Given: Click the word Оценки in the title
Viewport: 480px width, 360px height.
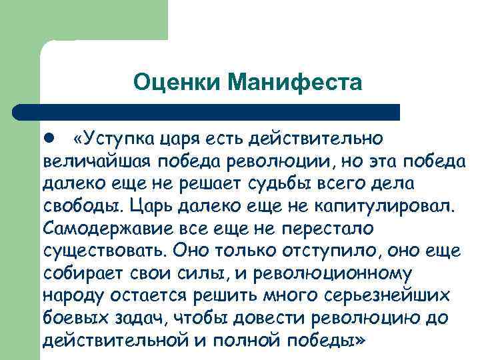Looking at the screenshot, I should [176, 83].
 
